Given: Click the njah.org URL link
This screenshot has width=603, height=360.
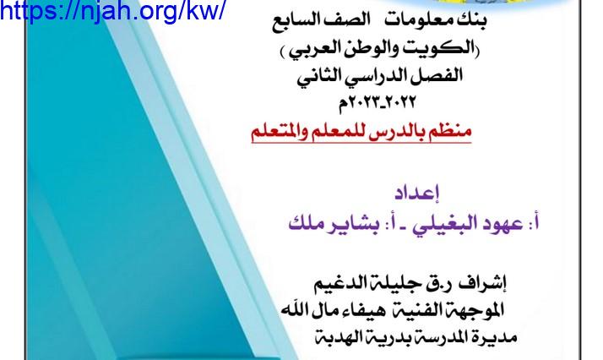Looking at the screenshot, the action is pos(112,12).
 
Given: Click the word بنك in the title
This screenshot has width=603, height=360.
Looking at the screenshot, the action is pos(471,20).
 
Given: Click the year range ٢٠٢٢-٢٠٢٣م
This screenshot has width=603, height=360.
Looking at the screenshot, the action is pos(377,103).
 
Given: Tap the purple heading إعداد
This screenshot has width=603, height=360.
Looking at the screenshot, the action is pos(417,193).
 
